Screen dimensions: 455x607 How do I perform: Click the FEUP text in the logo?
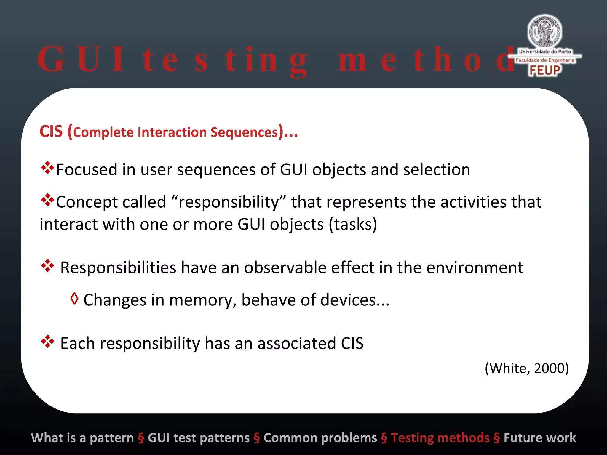pos(544,71)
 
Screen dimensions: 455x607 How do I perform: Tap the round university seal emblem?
pos(544,31)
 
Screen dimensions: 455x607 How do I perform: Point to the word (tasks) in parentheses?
pos(353,224)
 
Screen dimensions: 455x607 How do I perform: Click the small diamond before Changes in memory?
pos(74,299)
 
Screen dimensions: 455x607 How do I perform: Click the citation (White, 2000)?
pos(527,368)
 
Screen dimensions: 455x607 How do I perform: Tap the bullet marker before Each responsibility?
pos(47,342)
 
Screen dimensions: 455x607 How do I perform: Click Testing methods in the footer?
pos(440,438)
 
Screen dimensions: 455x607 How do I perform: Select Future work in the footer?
pos(540,438)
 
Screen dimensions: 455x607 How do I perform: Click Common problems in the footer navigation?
pos(320,438)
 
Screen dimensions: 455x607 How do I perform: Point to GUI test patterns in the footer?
pos(199,438)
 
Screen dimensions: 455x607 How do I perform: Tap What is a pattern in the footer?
pos(82,438)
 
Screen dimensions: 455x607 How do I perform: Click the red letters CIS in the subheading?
pos(51,132)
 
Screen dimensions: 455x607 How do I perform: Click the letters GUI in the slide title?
pos(82,59)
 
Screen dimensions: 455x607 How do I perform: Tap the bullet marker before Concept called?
pos(47,200)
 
